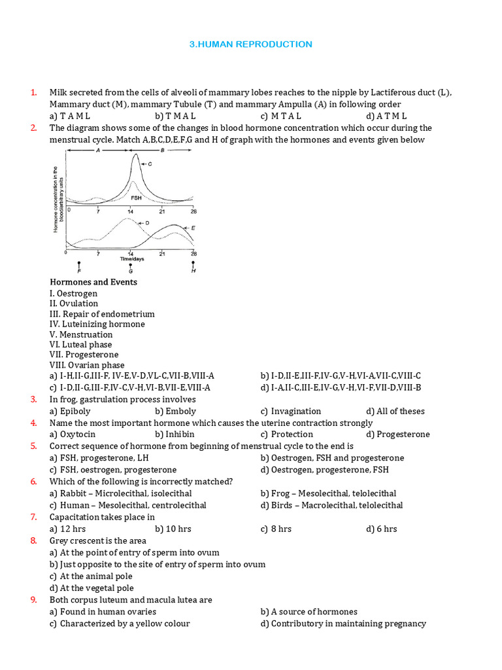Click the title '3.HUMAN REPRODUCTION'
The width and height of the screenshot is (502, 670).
tap(251, 44)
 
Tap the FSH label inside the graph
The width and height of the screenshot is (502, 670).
tap(136, 197)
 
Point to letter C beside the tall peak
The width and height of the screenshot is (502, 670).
tap(150, 164)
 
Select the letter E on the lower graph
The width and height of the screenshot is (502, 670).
tap(193, 228)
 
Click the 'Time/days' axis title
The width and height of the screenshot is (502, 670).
tap(131, 259)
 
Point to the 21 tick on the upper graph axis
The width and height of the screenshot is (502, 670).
tap(162, 211)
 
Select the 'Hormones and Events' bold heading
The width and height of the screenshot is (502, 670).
tap(93, 282)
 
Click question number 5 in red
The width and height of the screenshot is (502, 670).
tap(33, 446)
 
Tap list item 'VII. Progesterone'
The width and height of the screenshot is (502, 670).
tap(84, 355)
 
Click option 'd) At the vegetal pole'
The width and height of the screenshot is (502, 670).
tap(92, 588)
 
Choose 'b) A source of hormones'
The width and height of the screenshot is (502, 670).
tap(309, 612)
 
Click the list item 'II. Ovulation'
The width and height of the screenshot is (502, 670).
tap(74, 304)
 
